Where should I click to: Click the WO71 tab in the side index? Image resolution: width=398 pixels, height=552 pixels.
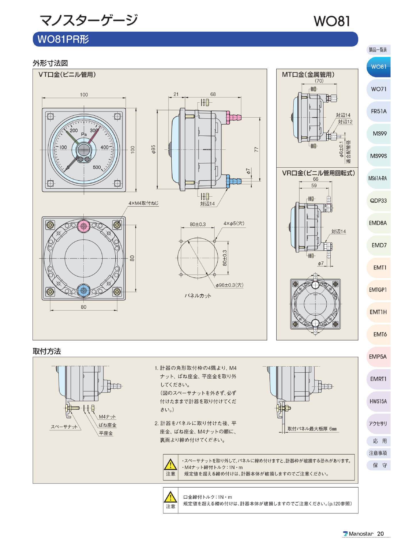[378, 89]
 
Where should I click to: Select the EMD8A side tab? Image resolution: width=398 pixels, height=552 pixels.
[378, 223]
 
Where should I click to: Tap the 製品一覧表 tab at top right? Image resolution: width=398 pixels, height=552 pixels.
[378, 50]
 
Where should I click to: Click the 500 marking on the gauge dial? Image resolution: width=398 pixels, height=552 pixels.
[97, 167]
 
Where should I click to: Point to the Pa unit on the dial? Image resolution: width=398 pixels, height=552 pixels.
[84, 134]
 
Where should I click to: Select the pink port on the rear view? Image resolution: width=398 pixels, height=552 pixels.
[83, 226]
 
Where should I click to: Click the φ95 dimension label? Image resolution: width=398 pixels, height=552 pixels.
[154, 149]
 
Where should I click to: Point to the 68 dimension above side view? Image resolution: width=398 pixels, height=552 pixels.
[213, 94]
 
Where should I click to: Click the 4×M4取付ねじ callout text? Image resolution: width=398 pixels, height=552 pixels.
[143, 203]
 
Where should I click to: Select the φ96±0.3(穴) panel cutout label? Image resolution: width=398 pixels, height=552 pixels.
[229, 285]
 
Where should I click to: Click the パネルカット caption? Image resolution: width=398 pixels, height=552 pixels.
[198, 296]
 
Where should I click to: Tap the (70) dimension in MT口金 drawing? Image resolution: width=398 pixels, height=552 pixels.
[319, 81]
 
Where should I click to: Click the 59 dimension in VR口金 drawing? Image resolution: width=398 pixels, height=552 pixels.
[314, 185]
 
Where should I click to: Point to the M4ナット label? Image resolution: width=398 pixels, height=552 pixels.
[107, 417]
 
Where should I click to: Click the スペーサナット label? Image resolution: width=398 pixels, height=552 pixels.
[64, 427]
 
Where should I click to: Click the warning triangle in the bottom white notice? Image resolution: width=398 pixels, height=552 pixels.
[170, 497]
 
